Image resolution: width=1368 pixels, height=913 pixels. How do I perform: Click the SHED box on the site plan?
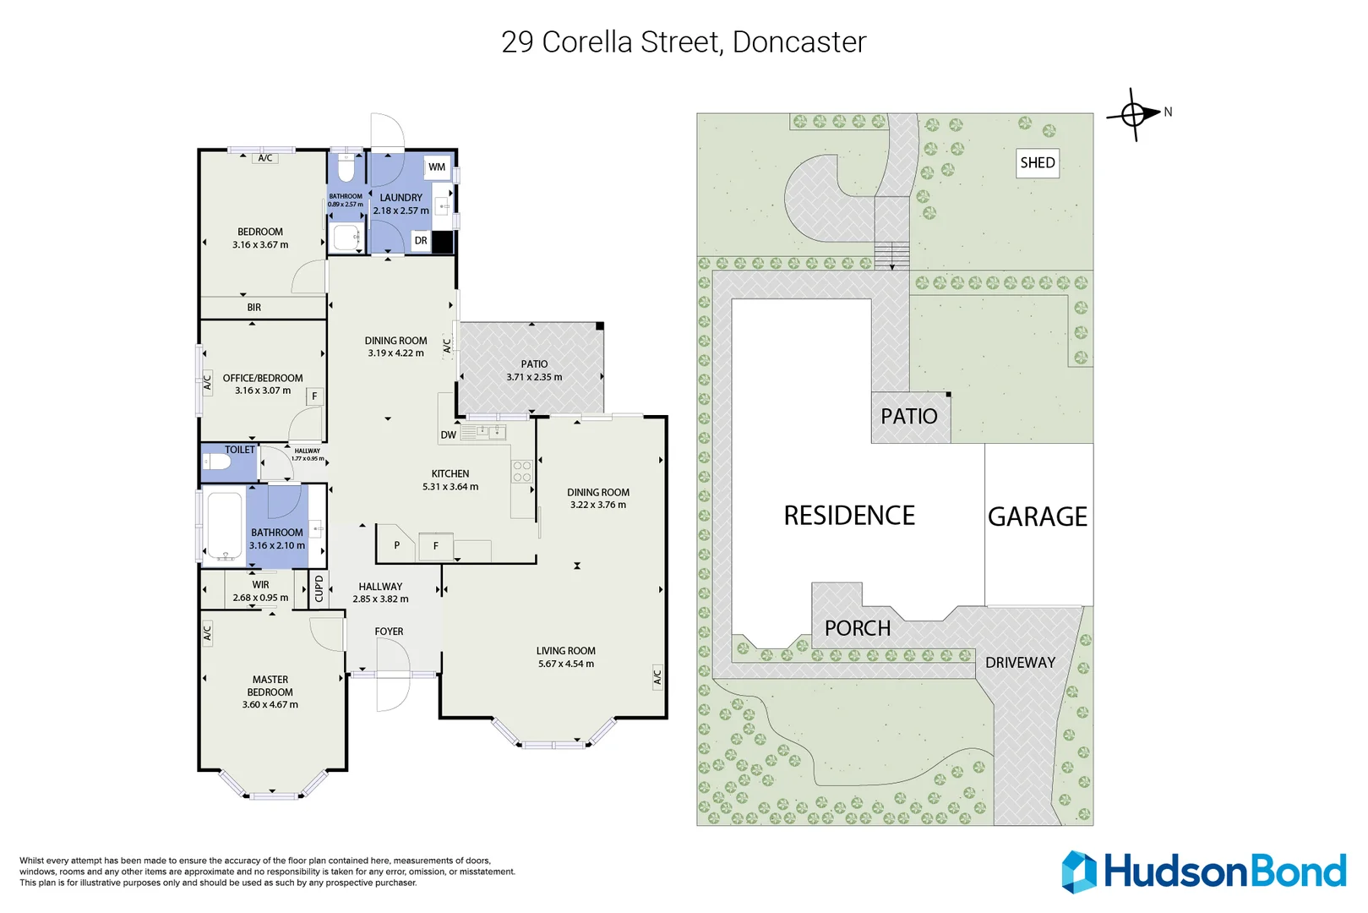(x=1037, y=163)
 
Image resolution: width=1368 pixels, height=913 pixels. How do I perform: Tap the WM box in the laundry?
(x=436, y=167)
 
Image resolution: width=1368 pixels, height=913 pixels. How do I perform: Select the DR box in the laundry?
(x=421, y=241)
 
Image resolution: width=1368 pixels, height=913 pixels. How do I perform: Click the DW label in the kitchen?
(x=448, y=435)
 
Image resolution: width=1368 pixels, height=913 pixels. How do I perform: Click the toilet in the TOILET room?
(x=218, y=462)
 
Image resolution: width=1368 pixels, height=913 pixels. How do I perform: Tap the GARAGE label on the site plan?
(x=1038, y=517)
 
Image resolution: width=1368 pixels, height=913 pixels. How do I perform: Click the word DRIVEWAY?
(x=1020, y=663)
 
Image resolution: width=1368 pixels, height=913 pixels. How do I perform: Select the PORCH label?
(x=857, y=628)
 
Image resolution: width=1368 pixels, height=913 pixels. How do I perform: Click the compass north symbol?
(x=1133, y=113)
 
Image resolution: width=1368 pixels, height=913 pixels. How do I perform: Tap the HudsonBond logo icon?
(x=1079, y=872)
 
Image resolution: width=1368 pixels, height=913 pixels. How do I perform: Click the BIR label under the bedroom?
(x=253, y=308)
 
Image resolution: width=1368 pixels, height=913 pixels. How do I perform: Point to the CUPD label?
(x=319, y=588)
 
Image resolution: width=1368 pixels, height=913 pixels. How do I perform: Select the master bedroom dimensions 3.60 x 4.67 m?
(x=270, y=704)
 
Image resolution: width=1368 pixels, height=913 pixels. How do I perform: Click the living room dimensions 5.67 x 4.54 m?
(x=565, y=664)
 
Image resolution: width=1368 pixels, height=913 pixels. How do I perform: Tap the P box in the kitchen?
(x=396, y=545)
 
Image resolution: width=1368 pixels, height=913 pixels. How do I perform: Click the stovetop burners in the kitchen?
(x=522, y=472)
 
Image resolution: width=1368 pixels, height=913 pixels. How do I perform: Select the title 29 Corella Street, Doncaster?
(x=684, y=42)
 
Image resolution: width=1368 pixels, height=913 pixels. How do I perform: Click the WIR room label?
(x=260, y=585)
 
